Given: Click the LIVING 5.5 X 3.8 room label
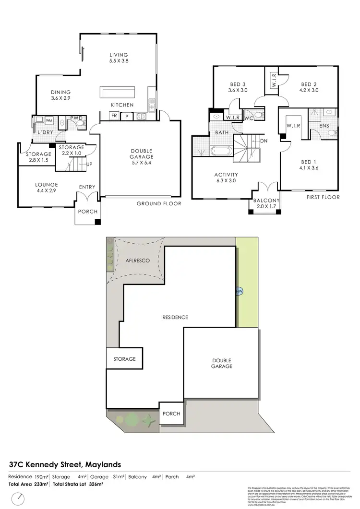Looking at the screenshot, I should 119,58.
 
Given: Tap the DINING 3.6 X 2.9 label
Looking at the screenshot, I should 61,95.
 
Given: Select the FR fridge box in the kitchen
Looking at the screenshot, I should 114,116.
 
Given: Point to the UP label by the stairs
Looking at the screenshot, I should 89,164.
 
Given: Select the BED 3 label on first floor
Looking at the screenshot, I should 238,87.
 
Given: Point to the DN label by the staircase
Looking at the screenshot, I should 264,141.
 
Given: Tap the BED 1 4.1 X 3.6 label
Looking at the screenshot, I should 309,165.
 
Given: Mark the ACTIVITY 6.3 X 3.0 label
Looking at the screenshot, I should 226,178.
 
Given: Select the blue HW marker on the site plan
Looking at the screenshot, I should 239,291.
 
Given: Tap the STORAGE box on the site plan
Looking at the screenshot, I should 124,358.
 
